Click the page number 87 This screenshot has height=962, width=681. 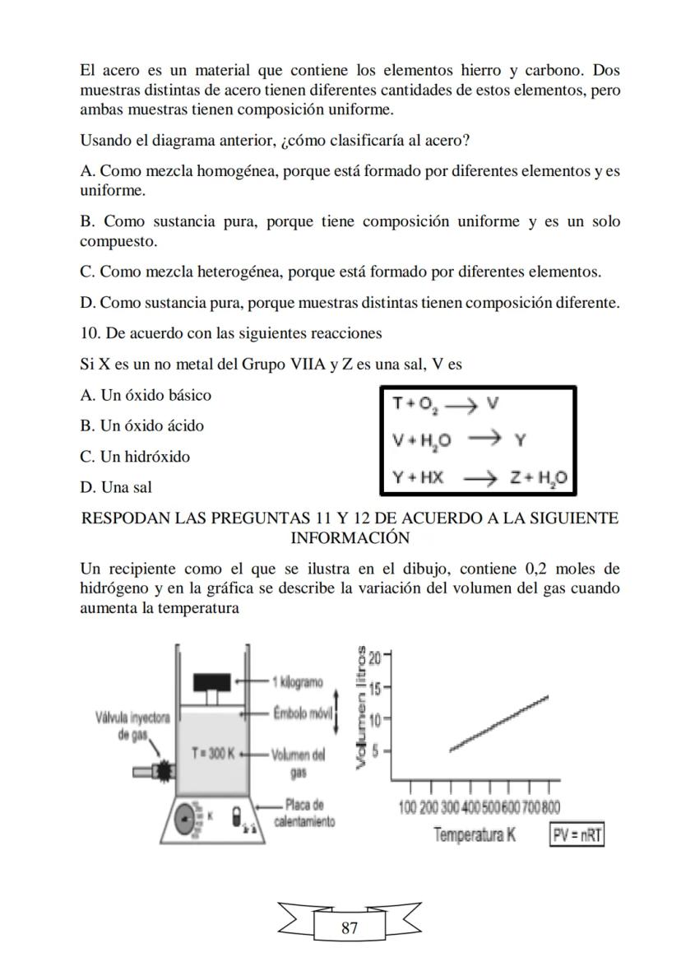click(x=349, y=928)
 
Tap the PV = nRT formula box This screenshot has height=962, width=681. click(x=577, y=835)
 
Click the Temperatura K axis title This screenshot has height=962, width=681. click(x=475, y=834)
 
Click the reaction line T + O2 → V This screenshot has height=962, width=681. click(x=446, y=404)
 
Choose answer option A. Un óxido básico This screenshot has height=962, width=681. click(x=146, y=395)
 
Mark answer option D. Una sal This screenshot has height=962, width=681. click(x=116, y=487)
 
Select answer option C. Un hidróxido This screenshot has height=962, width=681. click(x=135, y=457)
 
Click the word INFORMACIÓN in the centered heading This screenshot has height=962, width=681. click(x=350, y=537)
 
